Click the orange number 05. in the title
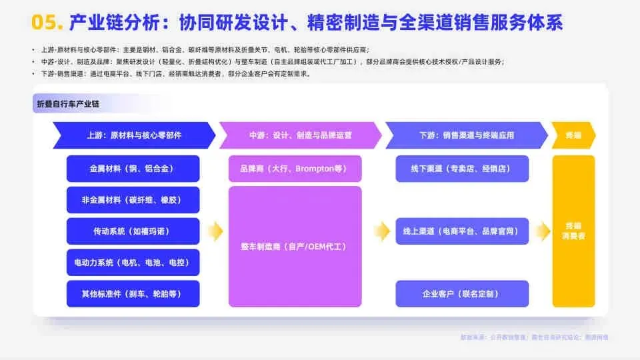tap(47, 23)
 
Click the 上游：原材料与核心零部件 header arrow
tap(134, 135)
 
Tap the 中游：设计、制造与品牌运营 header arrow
tap(300, 135)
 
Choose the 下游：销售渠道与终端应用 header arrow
tap(466, 135)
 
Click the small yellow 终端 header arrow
tap(573, 135)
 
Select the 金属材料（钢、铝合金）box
tap(133, 169)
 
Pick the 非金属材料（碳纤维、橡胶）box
tap(133, 200)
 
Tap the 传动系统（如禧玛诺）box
tap(133, 231)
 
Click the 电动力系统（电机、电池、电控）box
tap(133, 263)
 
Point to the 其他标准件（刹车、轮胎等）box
tap(133, 294)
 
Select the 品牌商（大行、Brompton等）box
tap(295, 169)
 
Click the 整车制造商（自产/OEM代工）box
tap(295, 247)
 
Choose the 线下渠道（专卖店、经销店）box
tap(461, 169)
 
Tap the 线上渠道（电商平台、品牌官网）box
tap(461, 231)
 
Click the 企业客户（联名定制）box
tap(461, 294)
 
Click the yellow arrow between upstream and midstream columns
tap(215, 231)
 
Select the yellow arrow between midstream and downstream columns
tap(381, 231)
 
